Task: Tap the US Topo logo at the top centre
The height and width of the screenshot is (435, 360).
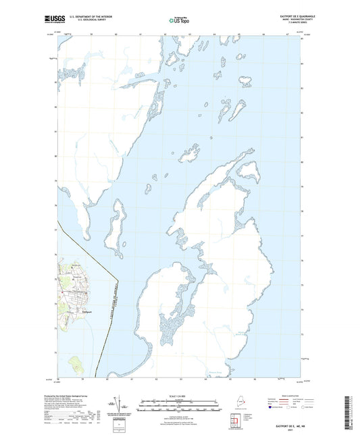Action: point(179,21)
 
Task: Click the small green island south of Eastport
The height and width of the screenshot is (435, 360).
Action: point(76,365)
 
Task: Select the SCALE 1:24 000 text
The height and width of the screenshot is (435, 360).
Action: point(180,396)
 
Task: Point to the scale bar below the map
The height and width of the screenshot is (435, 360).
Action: point(180,403)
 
